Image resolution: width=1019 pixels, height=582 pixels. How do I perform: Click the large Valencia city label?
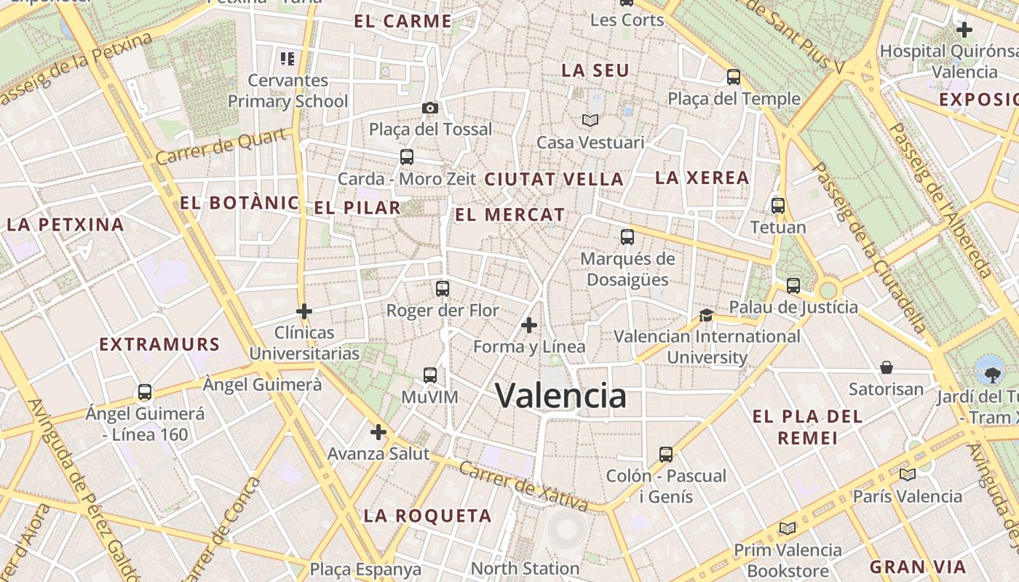coord(560,396)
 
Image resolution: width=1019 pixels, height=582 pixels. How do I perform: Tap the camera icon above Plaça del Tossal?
coord(430,108)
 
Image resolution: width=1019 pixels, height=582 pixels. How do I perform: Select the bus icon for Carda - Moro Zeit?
coord(407,156)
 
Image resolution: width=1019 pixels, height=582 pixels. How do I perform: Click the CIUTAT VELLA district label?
coord(554,179)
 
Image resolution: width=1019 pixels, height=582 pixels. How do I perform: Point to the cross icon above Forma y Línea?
coord(529,324)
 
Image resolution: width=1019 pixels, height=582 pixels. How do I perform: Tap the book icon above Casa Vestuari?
coord(590,120)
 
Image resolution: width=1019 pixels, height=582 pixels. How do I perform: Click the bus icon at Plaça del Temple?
coord(734,76)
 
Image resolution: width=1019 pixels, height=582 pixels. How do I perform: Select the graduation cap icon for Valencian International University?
coord(706,315)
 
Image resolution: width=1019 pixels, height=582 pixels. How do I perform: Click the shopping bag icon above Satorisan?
coord(887,367)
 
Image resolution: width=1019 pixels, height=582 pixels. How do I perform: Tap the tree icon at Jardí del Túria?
coord(990,375)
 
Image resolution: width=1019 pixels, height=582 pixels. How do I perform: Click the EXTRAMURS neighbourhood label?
coord(159,344)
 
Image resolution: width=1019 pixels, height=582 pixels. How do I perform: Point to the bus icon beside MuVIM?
coord(430,375)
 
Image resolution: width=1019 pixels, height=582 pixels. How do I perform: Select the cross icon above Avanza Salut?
coord(378,432)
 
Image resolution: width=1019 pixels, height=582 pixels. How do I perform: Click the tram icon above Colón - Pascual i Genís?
coord(665,455)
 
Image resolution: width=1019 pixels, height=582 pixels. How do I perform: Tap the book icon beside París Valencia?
coord(907,475)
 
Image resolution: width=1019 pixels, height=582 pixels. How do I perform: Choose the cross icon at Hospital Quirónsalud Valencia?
coord(964,30)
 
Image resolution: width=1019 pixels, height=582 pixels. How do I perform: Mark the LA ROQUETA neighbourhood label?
coord(427,517)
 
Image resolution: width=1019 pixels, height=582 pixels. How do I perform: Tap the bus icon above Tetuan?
coord(778,206)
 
